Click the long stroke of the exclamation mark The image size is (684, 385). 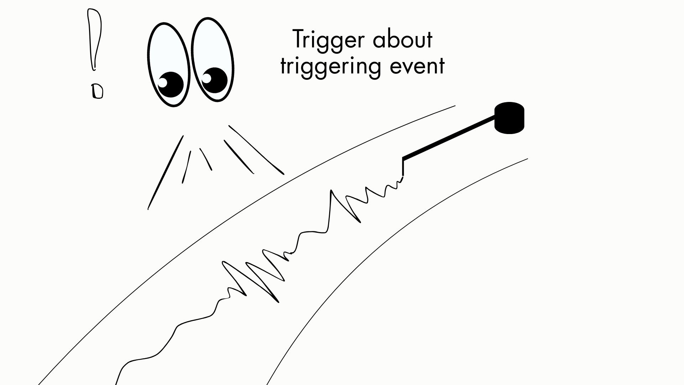coord(94,39)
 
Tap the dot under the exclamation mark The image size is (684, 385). coord(97,91)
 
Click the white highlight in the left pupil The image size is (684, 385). coord(162,82)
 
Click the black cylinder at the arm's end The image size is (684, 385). coord(509,118)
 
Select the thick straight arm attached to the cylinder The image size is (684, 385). coord(449,137)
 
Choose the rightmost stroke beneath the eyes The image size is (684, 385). coord(256,150)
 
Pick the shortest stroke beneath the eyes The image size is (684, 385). coord(206,159)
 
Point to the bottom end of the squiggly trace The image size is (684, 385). coord(116,383)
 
